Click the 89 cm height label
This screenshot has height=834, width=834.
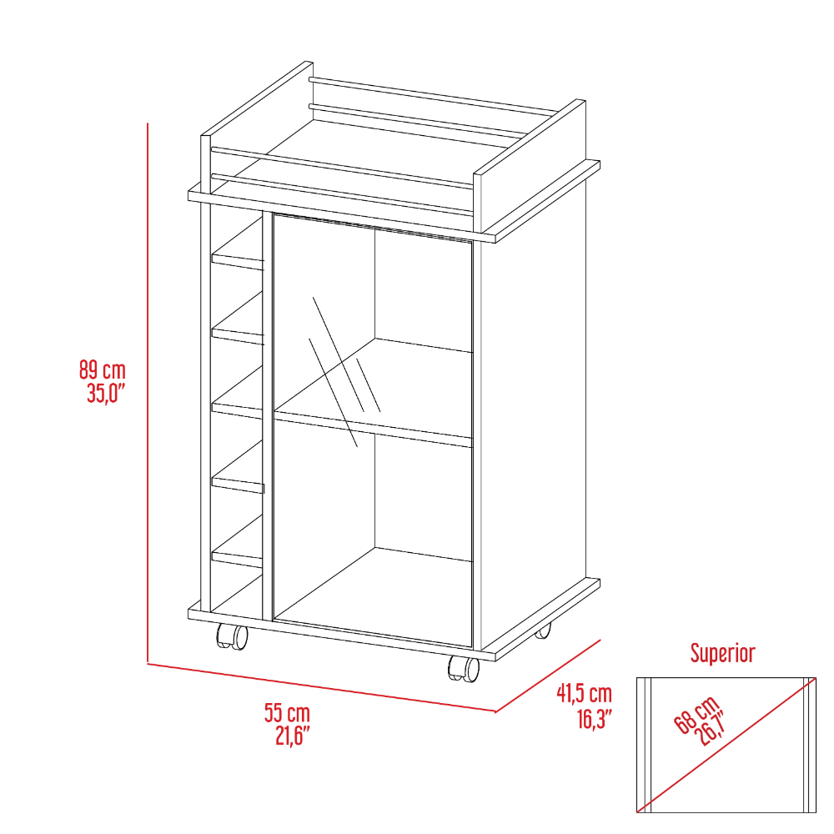click(103, 368)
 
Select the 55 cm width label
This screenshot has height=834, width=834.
click(287, 713)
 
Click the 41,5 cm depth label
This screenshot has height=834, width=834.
click(584, 693)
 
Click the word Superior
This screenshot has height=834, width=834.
click(722, 653)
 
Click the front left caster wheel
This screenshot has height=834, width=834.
click(232, 637)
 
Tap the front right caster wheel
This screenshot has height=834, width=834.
click(464, 668)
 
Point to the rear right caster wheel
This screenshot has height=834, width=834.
click(543, 631)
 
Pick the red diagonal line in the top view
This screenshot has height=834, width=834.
click(726, 744)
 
